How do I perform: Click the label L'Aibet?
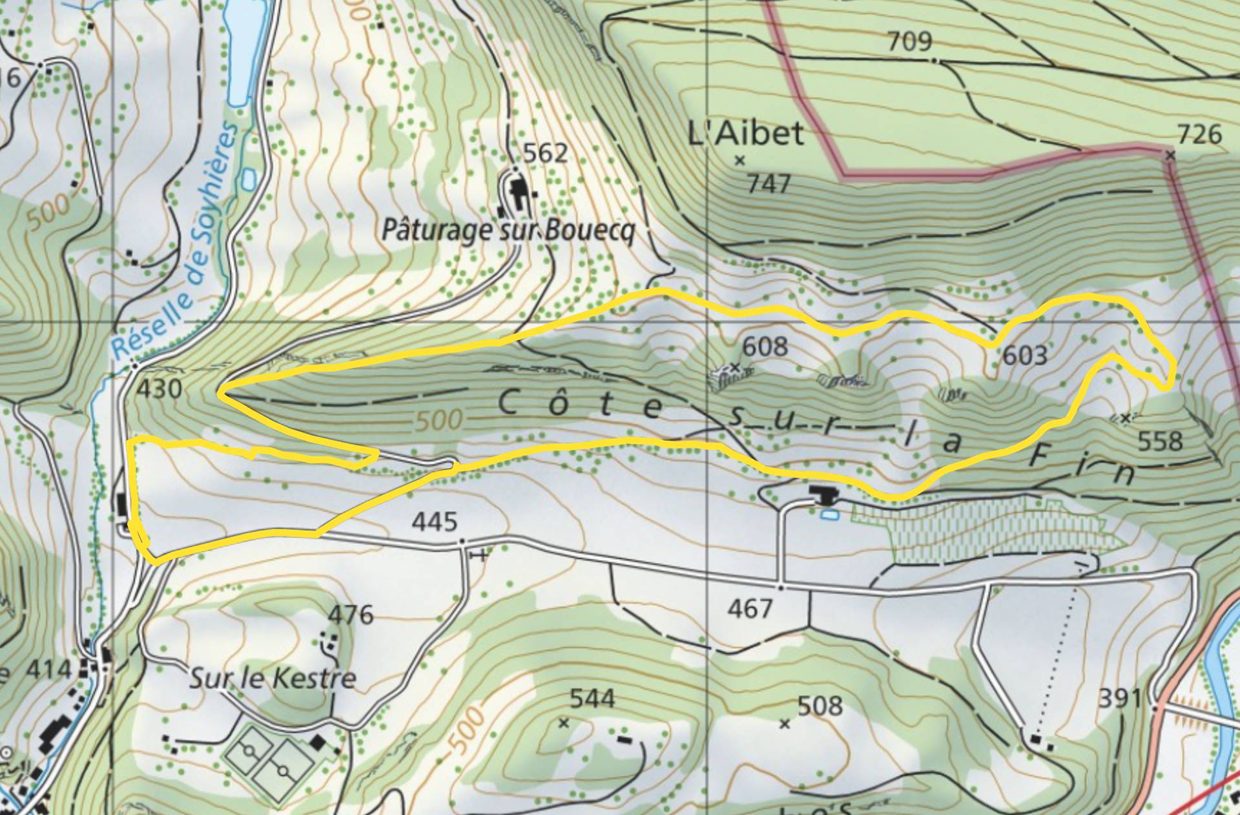coord(746,134)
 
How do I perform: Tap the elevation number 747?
coord(769,184)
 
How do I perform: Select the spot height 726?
coord(1199,134)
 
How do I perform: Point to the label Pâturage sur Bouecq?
coord(508,230)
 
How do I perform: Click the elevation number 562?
coord(546,153)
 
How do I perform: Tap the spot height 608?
coord(765,347)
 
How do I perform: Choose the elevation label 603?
coord(1024,355)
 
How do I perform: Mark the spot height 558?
coord(1160,441)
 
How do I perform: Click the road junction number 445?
coord(435,522)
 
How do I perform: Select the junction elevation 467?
coord(750,608)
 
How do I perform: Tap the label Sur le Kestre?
coord(273,678)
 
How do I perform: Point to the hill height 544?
coord(592,699)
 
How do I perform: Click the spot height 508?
coord(820,706)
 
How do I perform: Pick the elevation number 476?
coord(351,614)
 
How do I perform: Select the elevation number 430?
coord(160,389)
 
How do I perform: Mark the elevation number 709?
coord(909,41)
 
